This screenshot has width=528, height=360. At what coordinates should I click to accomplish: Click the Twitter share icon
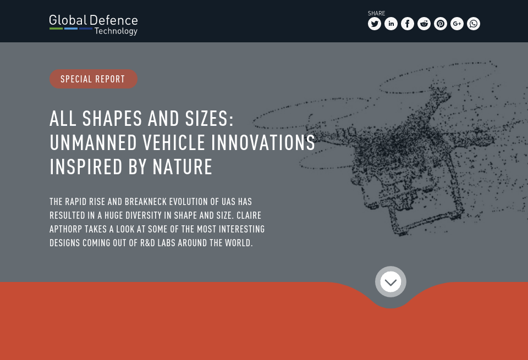[x=375, y=24]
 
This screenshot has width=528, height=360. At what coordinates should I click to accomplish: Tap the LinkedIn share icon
[x=391, y=24]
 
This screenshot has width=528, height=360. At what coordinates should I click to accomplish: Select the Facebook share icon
[x=408, y=24]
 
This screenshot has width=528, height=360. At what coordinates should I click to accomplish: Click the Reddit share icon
[x=424, y=24]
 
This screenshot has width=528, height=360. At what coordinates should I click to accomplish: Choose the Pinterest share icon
[x=441, y=24]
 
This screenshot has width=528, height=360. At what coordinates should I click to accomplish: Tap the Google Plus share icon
[x=457, y=24]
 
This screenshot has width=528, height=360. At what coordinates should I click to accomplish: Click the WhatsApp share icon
[x=474, y=24]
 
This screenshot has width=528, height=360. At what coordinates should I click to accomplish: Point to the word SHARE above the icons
[x=376, y=13]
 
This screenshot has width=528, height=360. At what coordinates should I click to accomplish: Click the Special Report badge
[x=93, y=79]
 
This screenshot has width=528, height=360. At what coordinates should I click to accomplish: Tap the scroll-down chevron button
[x=391, y=282]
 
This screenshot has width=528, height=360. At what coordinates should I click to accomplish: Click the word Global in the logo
[x=68, y=21]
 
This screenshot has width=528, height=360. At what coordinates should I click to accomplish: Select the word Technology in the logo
[x=116, y=31]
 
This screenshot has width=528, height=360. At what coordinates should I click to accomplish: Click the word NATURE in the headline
[x=183, y=167]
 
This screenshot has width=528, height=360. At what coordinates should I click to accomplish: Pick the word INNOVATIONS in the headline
[x=263, y=143]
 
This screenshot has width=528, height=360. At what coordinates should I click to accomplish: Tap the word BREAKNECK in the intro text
[x=145, y=202]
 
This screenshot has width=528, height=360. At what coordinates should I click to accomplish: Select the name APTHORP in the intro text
[x=66, y=229]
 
